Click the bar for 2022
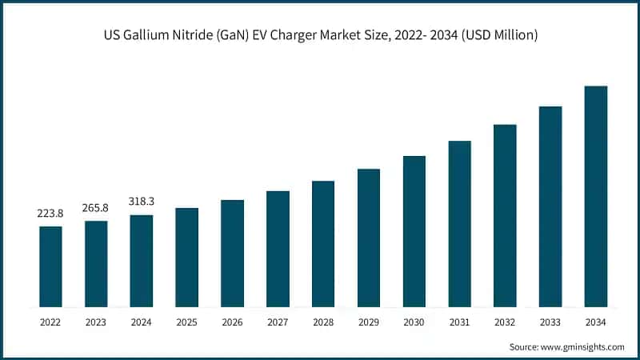(x=50, y=266)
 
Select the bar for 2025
(x=186, y=258)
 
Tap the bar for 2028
(x=323, y=244)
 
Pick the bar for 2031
(x=459, y=224)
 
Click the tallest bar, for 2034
(x=596, y=196)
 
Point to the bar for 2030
(x=414, y=231)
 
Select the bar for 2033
(x=550, y=206)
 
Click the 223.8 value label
(x=50, y=214)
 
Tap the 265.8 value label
(x=96, y=208)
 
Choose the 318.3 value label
(x=142, y=202)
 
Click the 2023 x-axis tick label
(x=96, y=322)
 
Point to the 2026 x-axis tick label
(x=232, y=322)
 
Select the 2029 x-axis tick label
(x=369, y=322)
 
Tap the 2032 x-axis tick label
(x=505, y=322)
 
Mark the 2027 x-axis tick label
(x=278, y=322)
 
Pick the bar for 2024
(x=142, y=261)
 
